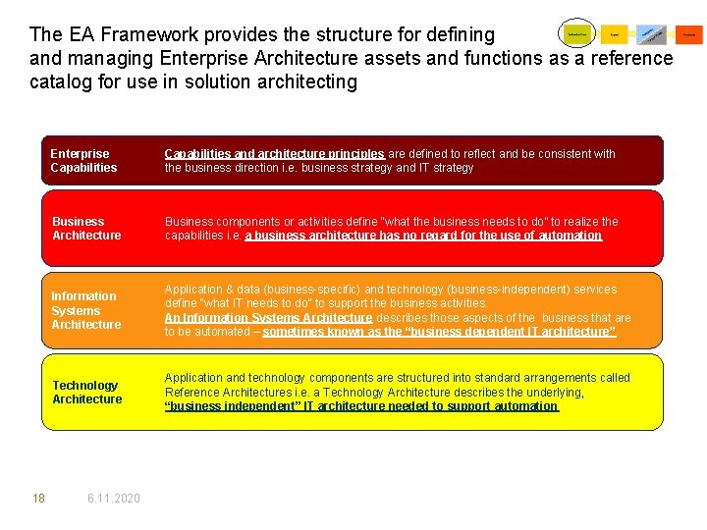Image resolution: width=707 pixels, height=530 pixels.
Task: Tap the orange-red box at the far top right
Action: [x=688, y=34]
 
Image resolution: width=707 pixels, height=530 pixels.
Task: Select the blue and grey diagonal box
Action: [x=651, y=34]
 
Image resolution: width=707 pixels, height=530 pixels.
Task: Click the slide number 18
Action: [x=38, y=499]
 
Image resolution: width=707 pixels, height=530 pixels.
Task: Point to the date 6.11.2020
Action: [x=113, y=499]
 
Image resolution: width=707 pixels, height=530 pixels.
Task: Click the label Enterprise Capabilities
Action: [x=83, y=161]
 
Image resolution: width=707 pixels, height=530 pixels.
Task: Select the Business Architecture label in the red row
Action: [x=86, y=229]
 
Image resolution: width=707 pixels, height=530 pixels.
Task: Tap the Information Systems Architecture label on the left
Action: [x=85, y=310]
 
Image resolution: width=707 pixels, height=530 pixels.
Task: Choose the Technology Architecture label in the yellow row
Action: [x=86, y=393]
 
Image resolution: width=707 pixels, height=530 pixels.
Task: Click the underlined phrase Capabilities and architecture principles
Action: [x=274, y=154]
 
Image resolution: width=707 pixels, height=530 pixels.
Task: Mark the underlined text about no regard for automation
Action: [x=423, y=236]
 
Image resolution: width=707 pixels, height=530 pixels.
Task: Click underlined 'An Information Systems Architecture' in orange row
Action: [x=268, y=318]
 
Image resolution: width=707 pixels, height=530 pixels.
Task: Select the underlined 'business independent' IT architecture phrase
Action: [x=360, y=406]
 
